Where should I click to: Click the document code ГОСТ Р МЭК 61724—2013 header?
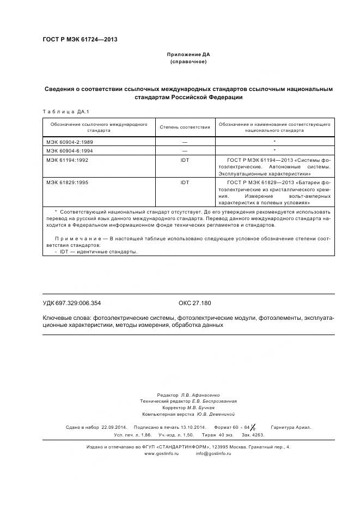(x=80, y=40)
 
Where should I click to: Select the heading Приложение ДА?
(x=188, y=55)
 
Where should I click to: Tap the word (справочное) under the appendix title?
(x=188, y=62)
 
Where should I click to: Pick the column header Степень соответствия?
(x=185, y=127)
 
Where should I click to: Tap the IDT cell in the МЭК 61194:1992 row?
(x=185, y=160)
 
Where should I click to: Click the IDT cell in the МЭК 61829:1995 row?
(x=185, y=182)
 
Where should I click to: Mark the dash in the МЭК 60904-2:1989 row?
(x=185, y=141)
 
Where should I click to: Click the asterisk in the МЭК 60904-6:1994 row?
(x=274, y=150)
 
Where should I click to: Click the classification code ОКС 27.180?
(x=194, y=303)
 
